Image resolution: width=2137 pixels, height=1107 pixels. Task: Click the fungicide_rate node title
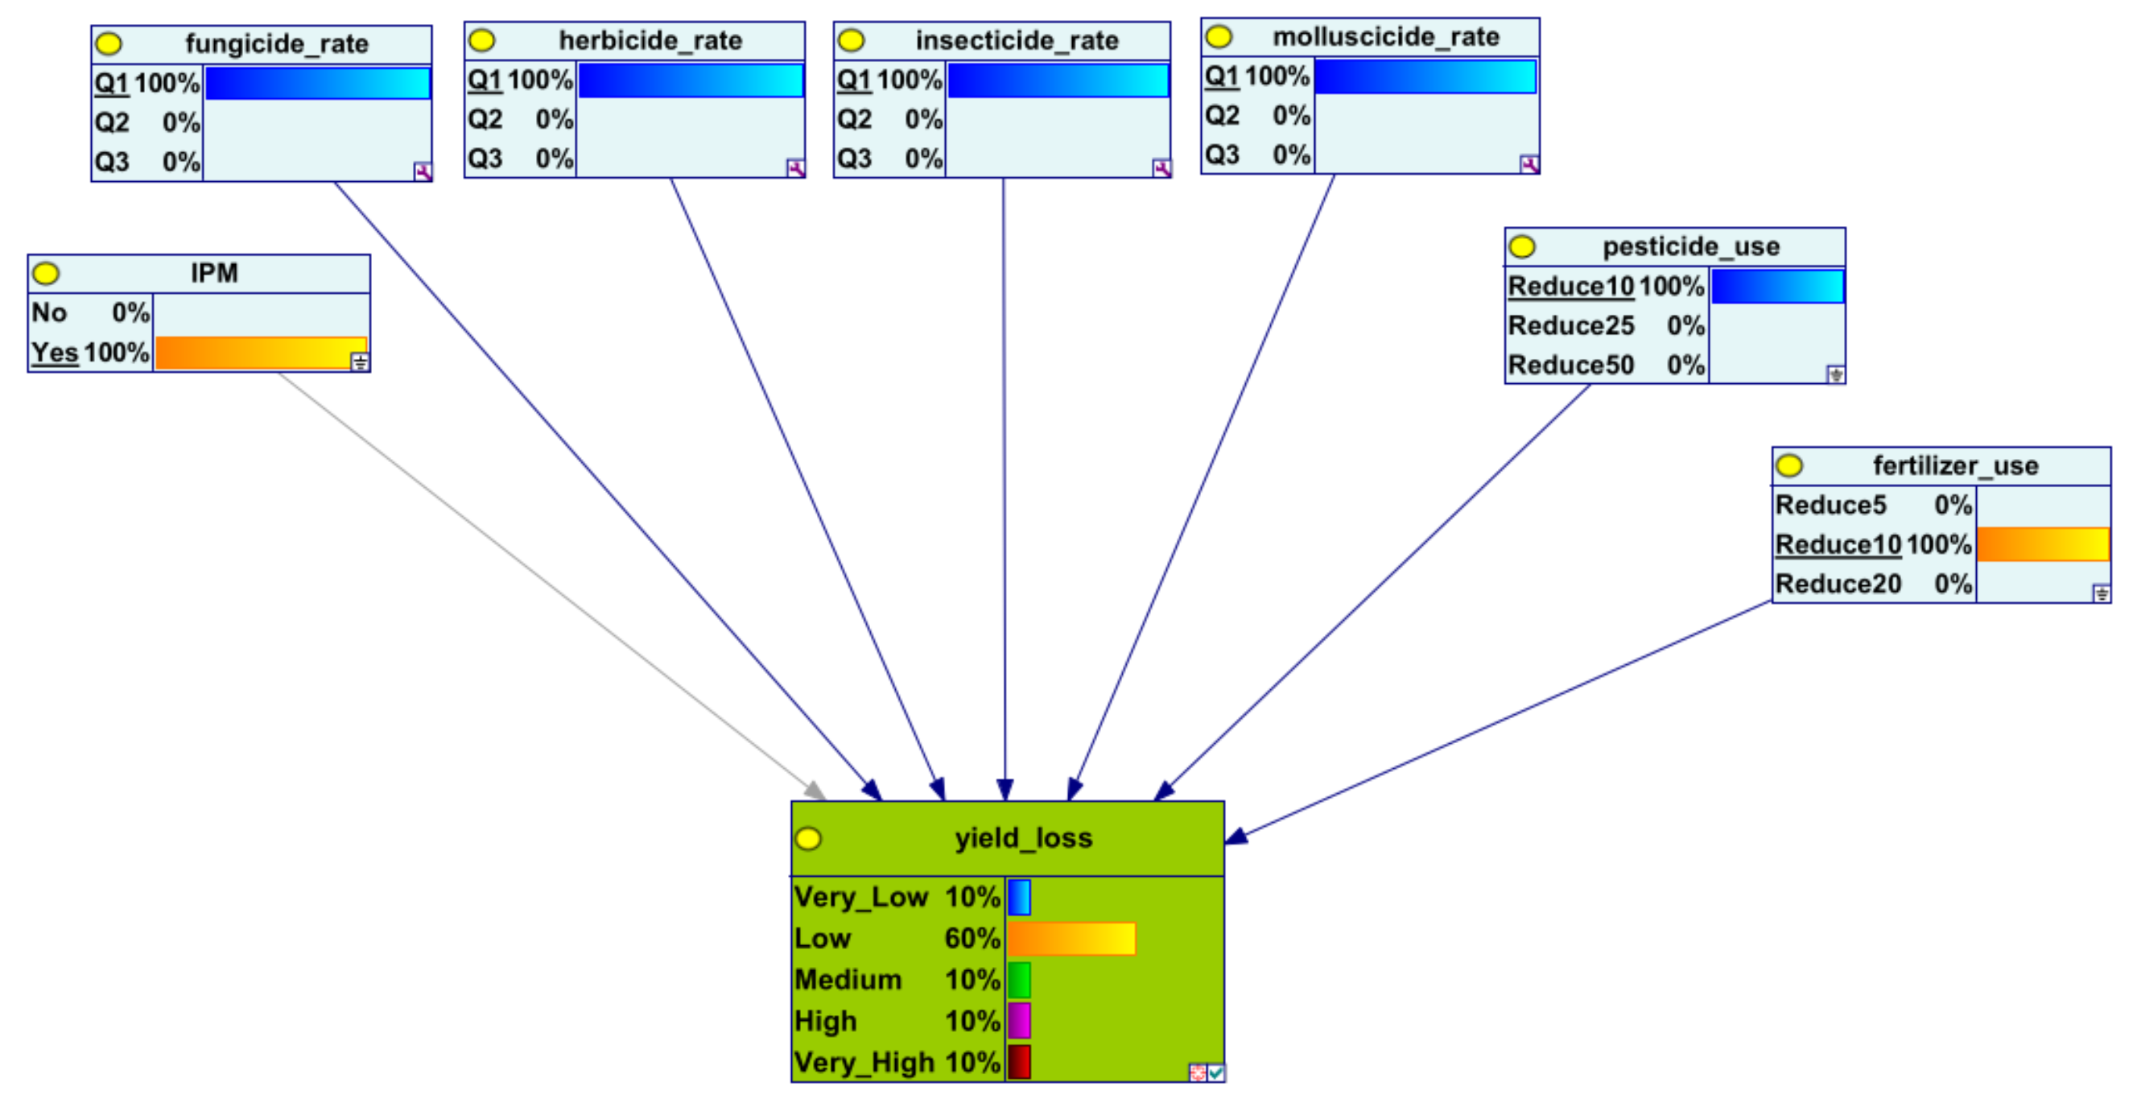pyautogui.click(x=276, y=43)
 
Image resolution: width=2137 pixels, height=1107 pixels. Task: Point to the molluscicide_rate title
pyautogui.click(x=1385, y=36)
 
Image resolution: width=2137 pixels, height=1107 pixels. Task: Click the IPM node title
pyautogui.click(x=214, y=273)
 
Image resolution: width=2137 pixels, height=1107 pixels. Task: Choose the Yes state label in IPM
pyautogui.click(x=55, y=353)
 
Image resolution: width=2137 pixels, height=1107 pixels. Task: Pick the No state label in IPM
pyautogui.click(x=49, y=313)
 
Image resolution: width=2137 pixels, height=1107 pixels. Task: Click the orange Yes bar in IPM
pyautogui.click(x=261, y=353)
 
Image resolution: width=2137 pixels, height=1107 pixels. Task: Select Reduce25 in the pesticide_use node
pyautogui.click(x=1570, y=325)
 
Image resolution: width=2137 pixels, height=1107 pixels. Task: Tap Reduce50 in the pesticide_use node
pyautogui.click(x=1570, y=366)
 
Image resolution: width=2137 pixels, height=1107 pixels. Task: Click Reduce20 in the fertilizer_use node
pyautogui.click(x=1838, y=584)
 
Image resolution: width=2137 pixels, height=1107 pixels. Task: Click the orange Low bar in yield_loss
pyautogui.click(x=1071, y=939)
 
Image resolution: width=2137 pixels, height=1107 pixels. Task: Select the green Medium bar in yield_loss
pyautogui.click(x=1020, y=980)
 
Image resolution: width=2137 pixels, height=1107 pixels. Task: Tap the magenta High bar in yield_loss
pyautogui.click(x=1020, y=1021)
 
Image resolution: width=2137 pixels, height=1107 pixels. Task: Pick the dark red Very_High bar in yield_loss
pyautogui.click(x=1020, y=1062)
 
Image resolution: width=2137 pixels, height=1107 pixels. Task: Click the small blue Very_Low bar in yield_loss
pyautogui.click(x=1020, y=897)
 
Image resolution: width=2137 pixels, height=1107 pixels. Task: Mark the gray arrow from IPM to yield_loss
pyautogui.click(x=547, y=581)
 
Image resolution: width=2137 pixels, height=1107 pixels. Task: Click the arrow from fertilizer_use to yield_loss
pyautogui.click(x=1502, y=721)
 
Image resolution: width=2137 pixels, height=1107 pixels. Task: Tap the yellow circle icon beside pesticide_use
pyautogui.click(x=1522, y=246)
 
